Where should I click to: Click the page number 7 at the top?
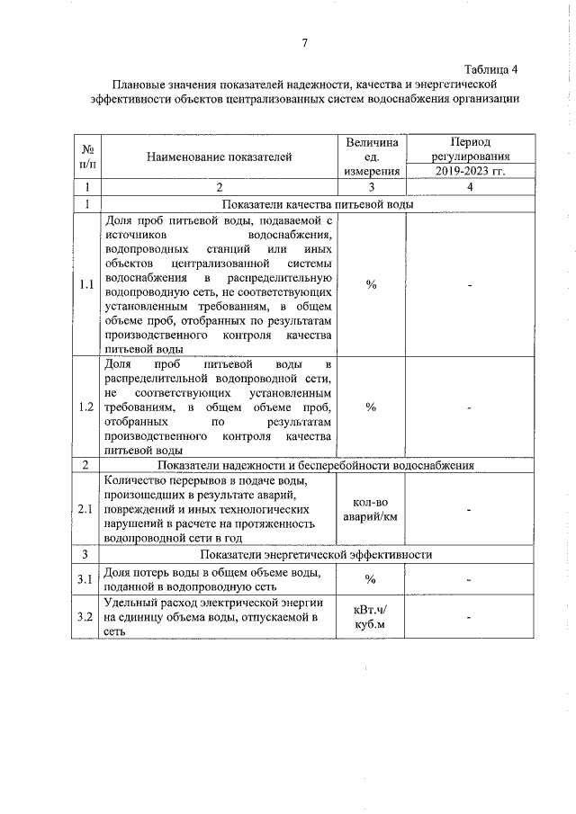click(x=305, y=42)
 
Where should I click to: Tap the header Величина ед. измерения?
click(x=371, y=157)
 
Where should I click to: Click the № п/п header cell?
click(x=88, y=157)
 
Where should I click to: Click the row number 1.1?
click(x=87, y=284)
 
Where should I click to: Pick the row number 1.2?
click(x=87, y=407)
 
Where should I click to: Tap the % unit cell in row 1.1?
click(x=371, y=284)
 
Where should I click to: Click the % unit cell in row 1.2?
click(x=371, y=407)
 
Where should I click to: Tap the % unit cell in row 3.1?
click(x=371, y=578)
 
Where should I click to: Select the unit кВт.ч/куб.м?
click(x=371, y=616)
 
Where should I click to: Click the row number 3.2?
click(x=87, y=617)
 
